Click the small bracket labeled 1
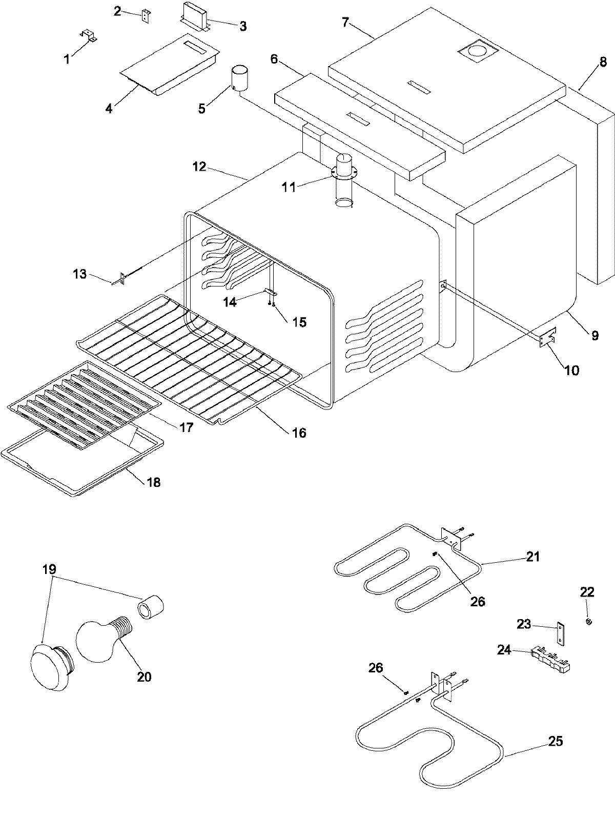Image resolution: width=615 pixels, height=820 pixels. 89,35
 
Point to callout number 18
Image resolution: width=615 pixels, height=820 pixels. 154,482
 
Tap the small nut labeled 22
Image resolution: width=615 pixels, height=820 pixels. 589,622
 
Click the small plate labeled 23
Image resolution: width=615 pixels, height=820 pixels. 561,633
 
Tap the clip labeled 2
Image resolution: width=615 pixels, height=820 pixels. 146,16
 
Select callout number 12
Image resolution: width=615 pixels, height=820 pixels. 199,167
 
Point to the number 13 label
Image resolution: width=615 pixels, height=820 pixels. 80,274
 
